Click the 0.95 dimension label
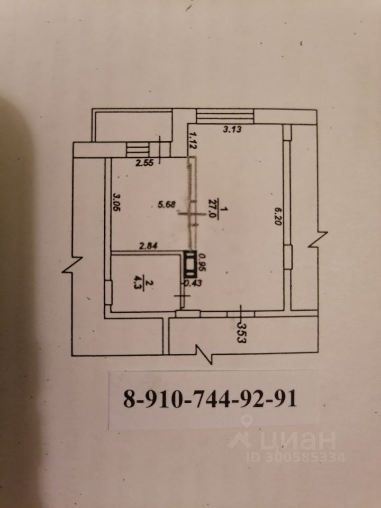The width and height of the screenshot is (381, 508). pos(202,262)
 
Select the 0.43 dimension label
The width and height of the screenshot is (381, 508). pos(189,284)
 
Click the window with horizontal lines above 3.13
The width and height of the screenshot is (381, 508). pos(225,116)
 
